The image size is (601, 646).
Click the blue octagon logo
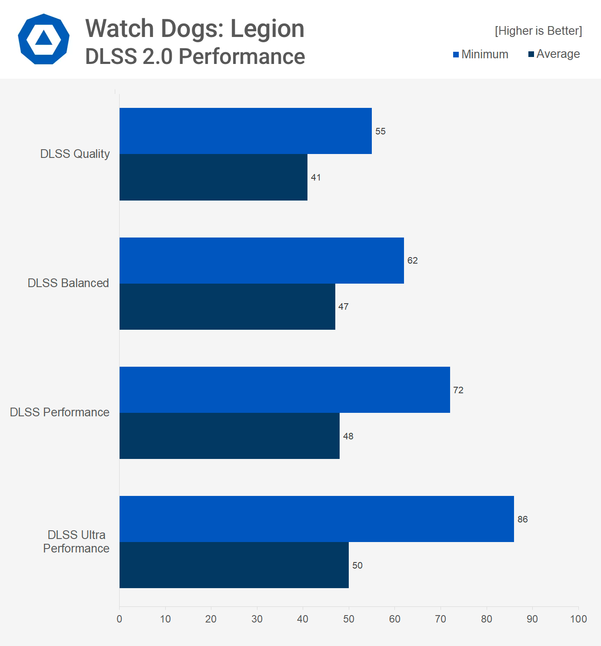coord(43,39)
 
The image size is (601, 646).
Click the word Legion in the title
coord(267,29)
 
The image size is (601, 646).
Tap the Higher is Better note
coord(538,31)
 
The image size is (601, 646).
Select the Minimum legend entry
coord(481,54)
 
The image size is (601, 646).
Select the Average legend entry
coord(554,54)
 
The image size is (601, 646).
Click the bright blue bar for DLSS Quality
coord(246,131)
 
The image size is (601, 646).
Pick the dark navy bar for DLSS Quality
coord(214,177)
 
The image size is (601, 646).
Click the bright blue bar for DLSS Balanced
coord(262,261)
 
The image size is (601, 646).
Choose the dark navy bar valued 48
coord(230,436)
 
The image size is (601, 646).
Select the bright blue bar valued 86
coord(317,519)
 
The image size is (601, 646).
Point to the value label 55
coord(381,131)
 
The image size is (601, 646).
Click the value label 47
coord(344,307)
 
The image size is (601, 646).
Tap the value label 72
coord(458,390)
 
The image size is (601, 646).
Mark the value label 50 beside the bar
coord(357,566)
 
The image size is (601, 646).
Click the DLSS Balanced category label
coord(68,283)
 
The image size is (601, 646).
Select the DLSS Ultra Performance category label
coord(76,542)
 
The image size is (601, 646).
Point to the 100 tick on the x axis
coord(578,619)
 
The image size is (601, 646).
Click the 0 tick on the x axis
coord(120,619)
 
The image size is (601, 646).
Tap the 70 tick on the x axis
coord(441,619)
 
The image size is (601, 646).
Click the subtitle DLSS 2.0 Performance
coord(195,57)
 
